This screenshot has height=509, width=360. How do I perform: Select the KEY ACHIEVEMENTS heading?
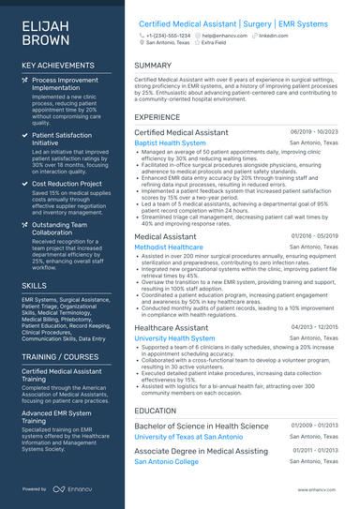[x=58, y=65]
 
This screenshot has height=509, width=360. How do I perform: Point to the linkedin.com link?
[x=272, y=34]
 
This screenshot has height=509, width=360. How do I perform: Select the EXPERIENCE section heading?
[x=157, y=117]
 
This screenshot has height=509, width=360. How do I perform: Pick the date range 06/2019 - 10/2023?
[x=314, y=133]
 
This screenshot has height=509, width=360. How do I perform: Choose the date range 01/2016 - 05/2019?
[x=315, y=237]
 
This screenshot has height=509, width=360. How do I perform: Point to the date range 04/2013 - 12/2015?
[x=315, y=327]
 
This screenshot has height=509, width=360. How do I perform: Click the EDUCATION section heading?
[x=155, y=411]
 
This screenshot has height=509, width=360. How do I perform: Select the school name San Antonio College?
[x=166, y=462]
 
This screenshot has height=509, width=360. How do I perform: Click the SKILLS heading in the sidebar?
[x=34, y=284]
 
